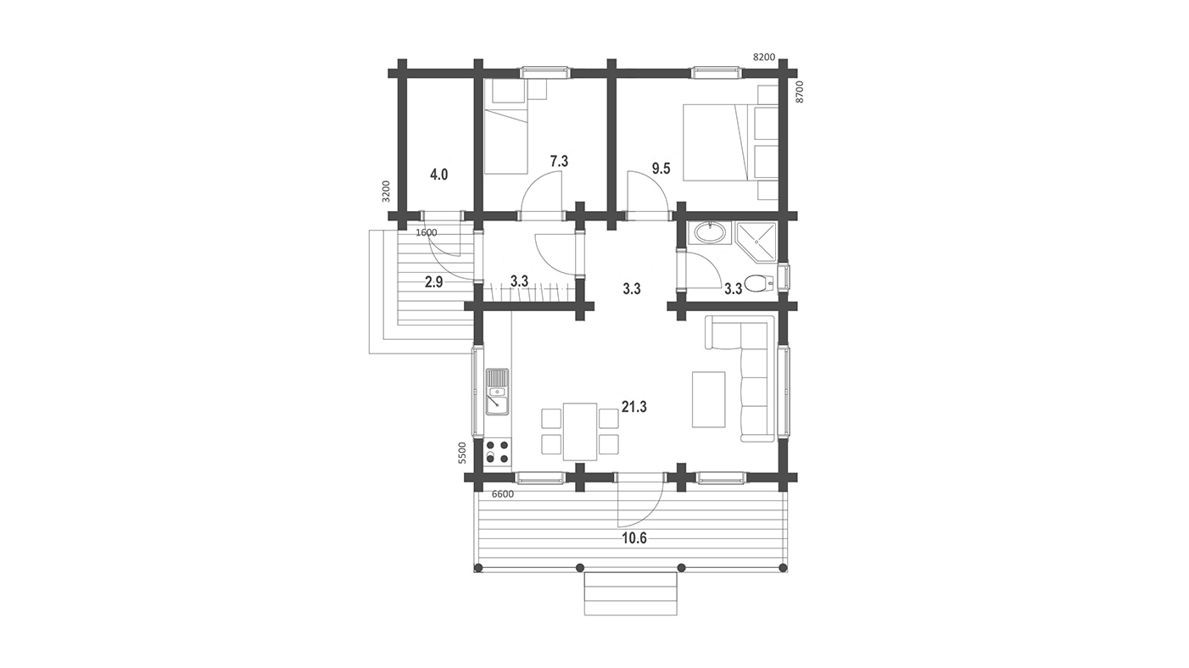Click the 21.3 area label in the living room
point(634,407)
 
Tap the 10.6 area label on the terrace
point(634,538)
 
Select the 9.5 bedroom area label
point(661,169)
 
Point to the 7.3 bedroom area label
point(559,161)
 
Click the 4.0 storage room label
point(439,174)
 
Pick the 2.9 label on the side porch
point(433,282)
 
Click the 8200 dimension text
point(764,58)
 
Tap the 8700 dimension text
point(801,92)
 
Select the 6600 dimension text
point(503,494)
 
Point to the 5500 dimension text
point(462,454)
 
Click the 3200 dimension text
point(386,192)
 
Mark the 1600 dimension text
point(427,232)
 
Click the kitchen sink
point(126,392)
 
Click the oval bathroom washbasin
point(710,233)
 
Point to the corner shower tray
point(756,242)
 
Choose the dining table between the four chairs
point(580,431)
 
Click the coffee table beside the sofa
point(709,399)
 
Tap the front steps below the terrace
point(631,593)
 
